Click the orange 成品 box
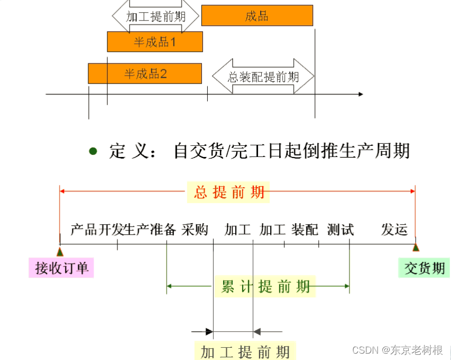pos(257,15)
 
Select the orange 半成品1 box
pos(155,42)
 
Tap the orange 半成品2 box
pos(145,73)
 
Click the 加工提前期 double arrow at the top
pos(156,16)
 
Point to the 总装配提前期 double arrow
pos(263,77)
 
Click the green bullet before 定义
pos(94,152)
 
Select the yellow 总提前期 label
pos(229,192)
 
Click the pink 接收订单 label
pos(61,268)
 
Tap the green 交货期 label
pos(424,268)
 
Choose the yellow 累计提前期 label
pos(265,286)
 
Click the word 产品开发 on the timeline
pos(91,229)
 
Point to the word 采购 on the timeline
pos(195,229)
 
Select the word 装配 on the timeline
pos(305,229)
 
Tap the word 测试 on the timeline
pos(340,229)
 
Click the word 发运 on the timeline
pos(395,229)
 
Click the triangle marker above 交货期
pos(416,247)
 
